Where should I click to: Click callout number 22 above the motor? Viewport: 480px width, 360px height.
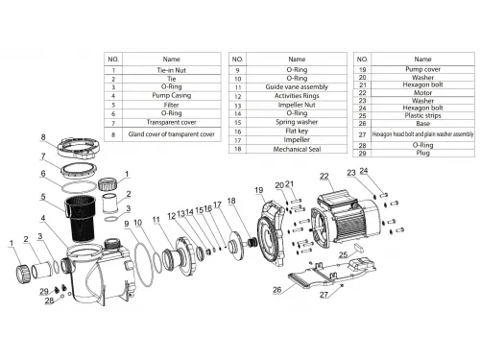(324, 175)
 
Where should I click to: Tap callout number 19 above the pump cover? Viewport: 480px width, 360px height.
(258, 190)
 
